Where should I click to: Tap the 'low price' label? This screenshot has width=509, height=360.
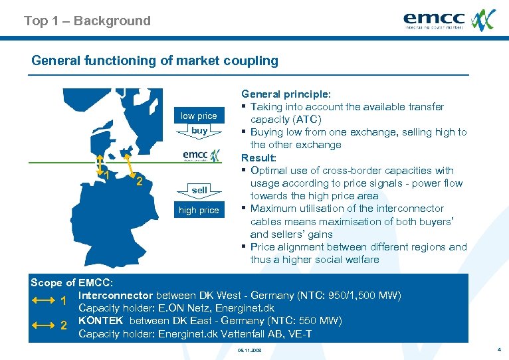[x=199, y=116]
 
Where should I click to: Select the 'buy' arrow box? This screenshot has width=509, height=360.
[x=199, y=131]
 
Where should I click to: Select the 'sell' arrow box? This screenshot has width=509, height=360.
[x=199, y=190]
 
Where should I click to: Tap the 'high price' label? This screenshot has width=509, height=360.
[x=199, y=211]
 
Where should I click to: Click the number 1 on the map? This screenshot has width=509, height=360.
[x=107, y=175]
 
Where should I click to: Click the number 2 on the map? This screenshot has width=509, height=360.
[x=139, y=182]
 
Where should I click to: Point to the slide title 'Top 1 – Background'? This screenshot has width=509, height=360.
[x=87, y=21]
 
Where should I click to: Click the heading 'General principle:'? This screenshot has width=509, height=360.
[x=286, y=94]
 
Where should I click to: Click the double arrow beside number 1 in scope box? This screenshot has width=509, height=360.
[x=43, y=300]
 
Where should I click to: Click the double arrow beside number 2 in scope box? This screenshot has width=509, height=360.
[x=43, y=325]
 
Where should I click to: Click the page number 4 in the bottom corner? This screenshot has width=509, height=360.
[x=498, y=349]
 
